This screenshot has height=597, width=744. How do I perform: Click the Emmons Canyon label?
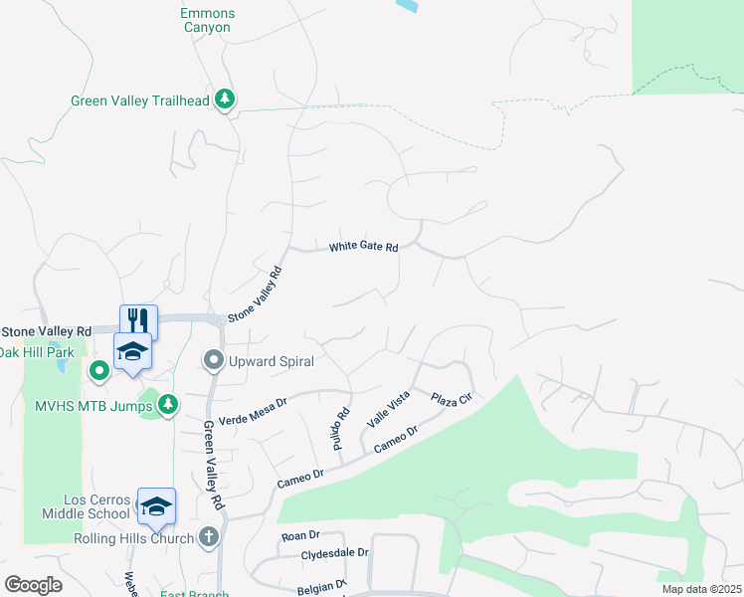coord(206,21)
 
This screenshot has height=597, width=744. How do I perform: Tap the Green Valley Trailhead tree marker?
coord(227,99)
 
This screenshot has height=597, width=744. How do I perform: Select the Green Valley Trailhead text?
coord(140,100)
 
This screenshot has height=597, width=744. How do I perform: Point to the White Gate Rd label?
coord(364,247)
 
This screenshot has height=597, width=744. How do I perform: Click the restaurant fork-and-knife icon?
coord(139,320)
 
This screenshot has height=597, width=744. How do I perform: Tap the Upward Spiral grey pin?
coord(214,360)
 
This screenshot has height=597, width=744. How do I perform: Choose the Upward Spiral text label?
coord(271,361)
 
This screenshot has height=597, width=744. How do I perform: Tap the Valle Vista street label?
coord(388,410)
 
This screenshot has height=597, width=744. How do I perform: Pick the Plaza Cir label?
coord(450,399)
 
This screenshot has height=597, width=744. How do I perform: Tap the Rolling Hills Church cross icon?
coord(208,537)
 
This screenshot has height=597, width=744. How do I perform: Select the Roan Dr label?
coord(298,535)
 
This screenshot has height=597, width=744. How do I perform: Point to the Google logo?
coord(33,584)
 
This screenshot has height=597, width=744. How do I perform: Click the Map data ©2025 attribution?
coord(701,589)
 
